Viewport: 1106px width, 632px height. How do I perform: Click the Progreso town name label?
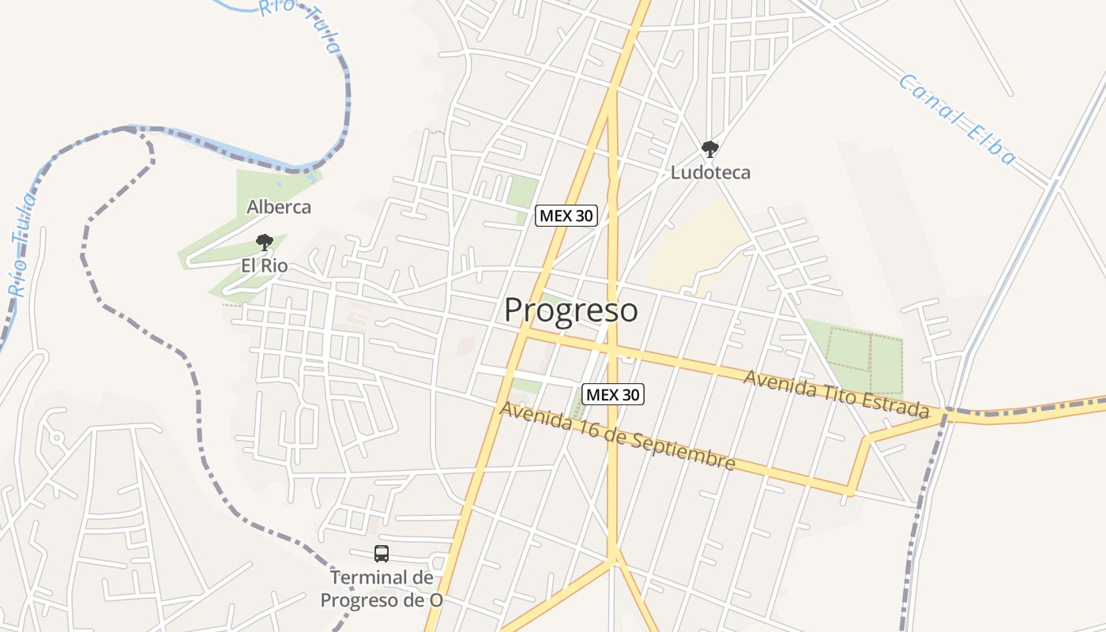point(570,310)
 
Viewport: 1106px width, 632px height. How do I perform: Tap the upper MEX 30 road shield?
point(566,215)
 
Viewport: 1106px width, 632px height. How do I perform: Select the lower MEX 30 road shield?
point(613,393)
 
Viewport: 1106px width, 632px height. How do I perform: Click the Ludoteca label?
point(710,172)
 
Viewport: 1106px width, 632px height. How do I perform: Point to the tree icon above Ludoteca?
point(710,149)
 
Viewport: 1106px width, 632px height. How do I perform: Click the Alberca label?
point(279,207)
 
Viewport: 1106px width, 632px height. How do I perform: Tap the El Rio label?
point(265,265)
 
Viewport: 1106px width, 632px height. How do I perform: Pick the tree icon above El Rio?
point(264,243)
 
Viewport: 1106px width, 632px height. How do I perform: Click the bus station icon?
point(382,554)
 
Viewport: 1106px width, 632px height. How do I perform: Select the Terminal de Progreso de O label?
point(382,589)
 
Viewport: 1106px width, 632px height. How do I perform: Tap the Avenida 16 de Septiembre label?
point(617,436)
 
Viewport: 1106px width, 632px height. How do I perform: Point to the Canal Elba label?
point(957,119)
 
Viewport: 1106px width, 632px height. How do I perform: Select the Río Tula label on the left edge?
point(21,245)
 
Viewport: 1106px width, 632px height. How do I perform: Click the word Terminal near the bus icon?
point(371,577)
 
